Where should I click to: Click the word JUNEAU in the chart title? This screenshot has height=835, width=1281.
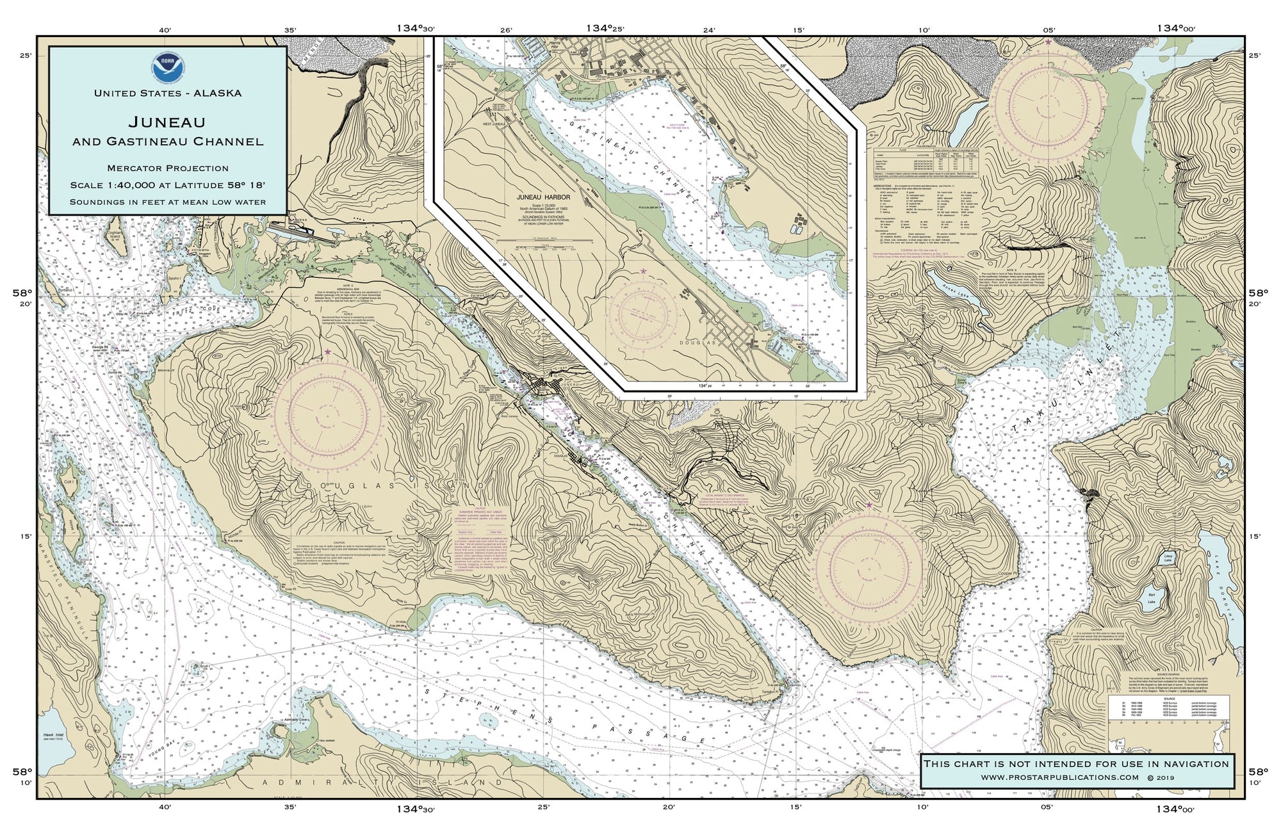(168, 121)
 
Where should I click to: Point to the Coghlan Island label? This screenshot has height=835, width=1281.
(61, 238)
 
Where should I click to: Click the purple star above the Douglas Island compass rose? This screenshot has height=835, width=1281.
(328, 352)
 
